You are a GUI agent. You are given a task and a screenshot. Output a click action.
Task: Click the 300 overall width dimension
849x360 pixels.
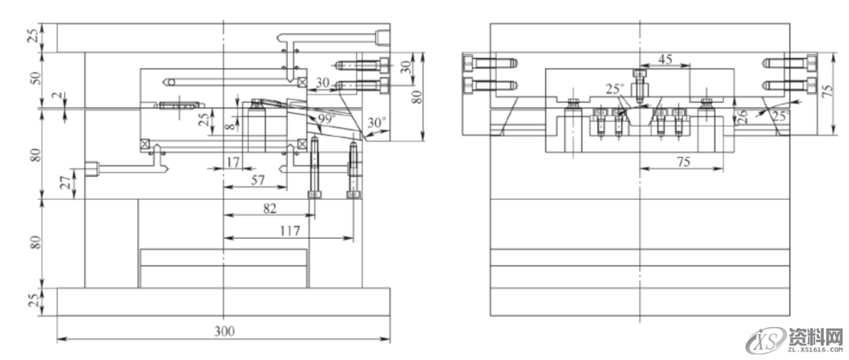(224, 332)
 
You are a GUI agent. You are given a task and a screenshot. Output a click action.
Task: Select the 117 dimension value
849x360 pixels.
(288, 230)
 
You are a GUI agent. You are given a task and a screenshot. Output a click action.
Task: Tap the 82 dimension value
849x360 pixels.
(269, 207)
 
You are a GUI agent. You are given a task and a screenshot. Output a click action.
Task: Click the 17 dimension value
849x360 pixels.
(232, 161)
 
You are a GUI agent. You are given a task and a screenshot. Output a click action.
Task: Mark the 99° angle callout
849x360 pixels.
(326, 119)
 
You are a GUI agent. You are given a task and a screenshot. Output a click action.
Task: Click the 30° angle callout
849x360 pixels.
(377, 123)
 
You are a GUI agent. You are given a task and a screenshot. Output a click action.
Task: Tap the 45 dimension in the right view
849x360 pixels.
(665, 59)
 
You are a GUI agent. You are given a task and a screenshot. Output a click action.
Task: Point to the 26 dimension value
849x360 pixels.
(740, 116)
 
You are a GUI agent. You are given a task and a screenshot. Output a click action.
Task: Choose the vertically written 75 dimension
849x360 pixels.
(826, 90)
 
